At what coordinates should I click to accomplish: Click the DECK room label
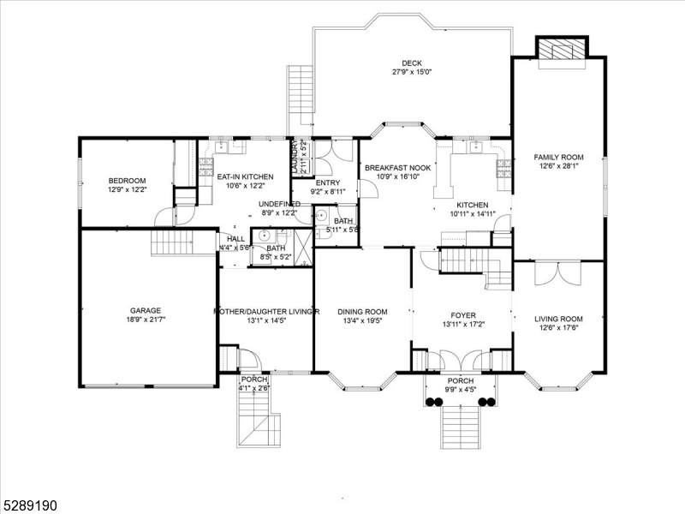(411, 63)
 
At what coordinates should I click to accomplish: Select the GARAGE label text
(146, 311)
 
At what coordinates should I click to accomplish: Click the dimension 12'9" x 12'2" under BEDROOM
(127, 189)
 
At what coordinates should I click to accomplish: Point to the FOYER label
(463, 315)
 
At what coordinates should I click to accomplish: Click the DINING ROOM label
(362, 312)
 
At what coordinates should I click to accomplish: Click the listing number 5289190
(30, 506)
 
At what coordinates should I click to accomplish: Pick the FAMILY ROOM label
(558, 158)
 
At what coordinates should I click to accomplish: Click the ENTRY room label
(327, 182)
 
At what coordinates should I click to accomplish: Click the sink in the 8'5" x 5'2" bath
(265, 235)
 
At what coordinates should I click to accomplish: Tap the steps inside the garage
(168, 243)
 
